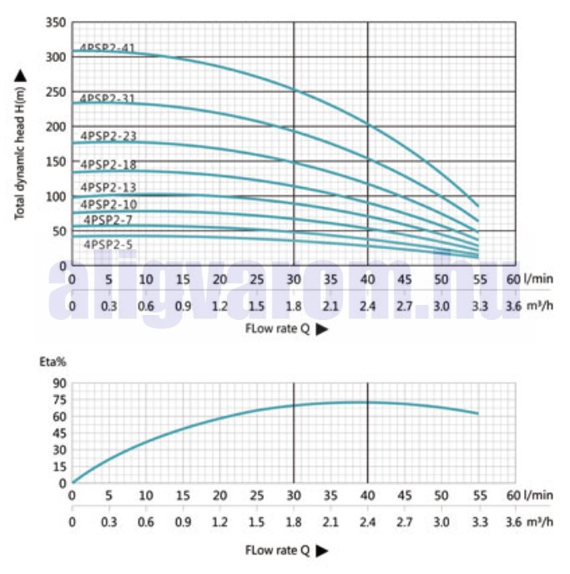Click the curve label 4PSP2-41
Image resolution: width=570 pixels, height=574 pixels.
108,48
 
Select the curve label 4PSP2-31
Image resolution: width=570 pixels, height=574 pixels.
108,99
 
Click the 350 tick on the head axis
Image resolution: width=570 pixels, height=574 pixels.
55,23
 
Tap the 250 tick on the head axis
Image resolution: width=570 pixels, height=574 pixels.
55,92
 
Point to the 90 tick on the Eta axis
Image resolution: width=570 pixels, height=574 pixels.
58,384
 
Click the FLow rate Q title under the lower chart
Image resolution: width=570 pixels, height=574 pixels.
285,551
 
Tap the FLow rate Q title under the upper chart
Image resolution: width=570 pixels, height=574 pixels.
285,329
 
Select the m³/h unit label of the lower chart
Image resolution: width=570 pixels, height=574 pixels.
540,522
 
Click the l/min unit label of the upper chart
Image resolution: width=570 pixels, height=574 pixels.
538,279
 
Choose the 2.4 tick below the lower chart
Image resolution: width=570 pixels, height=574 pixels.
368,522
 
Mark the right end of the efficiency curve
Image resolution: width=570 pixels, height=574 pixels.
478,414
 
